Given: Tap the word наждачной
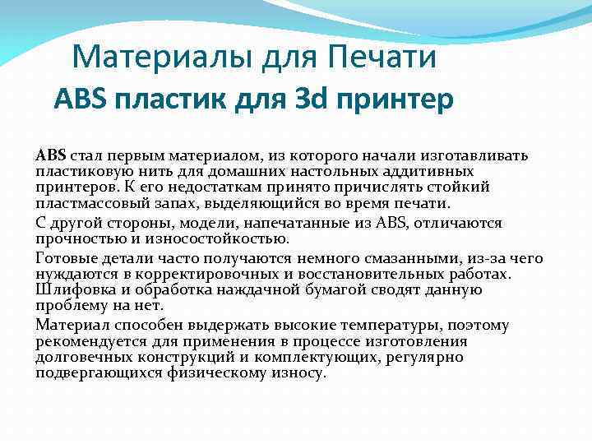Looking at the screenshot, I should (x=271, y=289).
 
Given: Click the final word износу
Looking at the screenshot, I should (x=304, y=372).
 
